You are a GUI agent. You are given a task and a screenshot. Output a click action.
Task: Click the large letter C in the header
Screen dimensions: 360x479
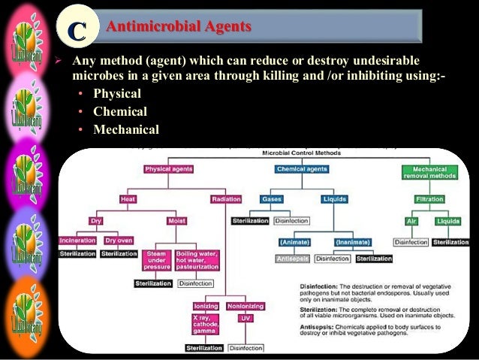[x=76, y=29]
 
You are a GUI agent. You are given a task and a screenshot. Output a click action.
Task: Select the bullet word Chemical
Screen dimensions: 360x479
[x=120, y=111]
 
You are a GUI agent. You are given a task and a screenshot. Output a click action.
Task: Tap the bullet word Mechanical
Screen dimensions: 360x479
[x=126, y=129]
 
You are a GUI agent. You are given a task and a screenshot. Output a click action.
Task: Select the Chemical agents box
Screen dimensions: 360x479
[x=302, y=170]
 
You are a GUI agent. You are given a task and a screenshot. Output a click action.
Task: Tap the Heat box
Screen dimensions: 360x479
[x=128, y=199]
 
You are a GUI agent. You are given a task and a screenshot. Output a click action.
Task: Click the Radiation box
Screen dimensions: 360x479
[x=226, y=199]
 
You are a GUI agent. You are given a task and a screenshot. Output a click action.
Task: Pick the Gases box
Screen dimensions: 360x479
[x=271, y=199]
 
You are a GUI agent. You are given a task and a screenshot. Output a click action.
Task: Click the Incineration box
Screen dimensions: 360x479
[x=77, y=241]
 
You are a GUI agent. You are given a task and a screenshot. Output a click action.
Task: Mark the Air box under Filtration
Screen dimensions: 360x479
[x=411, y=222]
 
